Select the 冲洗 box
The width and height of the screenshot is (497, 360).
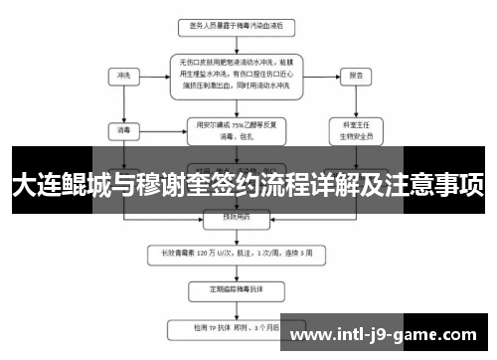[124, 76]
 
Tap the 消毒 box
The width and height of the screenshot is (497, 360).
[124, 128]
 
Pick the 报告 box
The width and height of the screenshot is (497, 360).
[356, 76]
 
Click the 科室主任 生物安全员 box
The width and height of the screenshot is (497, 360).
[356, 129]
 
